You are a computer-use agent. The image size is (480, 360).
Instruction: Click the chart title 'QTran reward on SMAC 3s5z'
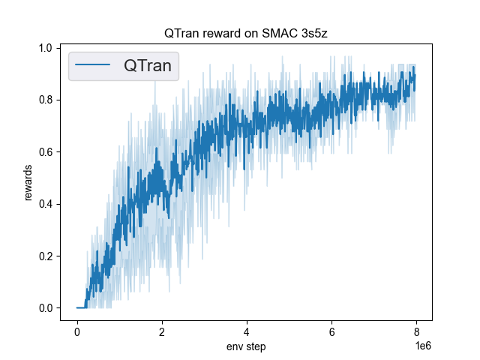pos(246,34)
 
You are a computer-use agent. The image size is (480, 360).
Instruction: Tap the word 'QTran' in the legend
pos(148,66)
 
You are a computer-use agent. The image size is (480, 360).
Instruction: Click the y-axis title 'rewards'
pos(28,182)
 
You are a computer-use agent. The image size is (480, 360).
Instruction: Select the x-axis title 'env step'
pos(246,346)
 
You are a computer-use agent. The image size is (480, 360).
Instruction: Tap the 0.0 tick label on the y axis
pos(46,308)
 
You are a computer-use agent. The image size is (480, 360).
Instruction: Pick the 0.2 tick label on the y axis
pos(46,256)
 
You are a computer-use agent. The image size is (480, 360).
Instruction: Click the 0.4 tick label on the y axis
pos(46,204)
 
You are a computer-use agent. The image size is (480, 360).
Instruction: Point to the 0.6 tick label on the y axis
pos(46,151)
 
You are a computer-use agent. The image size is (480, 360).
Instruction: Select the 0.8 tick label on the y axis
pos(46,100)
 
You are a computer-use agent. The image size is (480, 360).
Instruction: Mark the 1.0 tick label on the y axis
pos(46,48)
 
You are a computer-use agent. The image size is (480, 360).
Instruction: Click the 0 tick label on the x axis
pos(77,331)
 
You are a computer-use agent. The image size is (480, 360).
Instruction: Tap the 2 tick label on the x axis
pos(162,331)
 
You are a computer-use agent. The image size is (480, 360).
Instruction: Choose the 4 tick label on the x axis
pos(247,331)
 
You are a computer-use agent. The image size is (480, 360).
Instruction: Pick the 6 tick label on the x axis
pos(331,331)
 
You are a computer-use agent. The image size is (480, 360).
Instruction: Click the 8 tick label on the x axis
pos(416,331)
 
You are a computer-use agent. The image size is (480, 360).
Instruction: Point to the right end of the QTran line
pos(415,75)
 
